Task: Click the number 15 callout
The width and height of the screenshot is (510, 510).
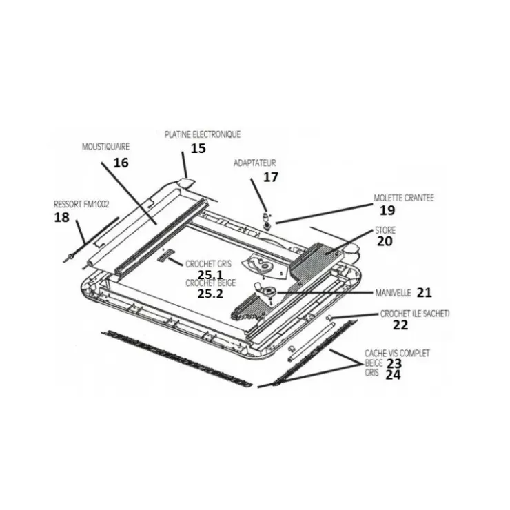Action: pyautogui.click(x=198, y=148)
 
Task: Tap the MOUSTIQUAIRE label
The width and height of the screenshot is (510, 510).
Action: pyautogui.click(x=105, y=147)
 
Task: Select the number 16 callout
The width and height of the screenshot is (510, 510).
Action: pyautogui.click(x=121, y=163)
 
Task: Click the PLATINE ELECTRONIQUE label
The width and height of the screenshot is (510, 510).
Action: pyautogui.click(x=203, y=134)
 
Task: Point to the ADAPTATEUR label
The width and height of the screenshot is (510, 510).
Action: pyautogui.click(x=255, y=163)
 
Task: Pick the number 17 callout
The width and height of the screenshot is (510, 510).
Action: pyautogui.click(x=271, y=177)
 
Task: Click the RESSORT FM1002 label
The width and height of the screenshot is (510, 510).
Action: pyautogui.click(x=81, y=204)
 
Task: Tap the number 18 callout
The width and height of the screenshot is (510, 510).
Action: pyautogui.click(x=61, y=217)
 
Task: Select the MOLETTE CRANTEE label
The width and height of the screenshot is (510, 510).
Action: pyautogui.click(x=404, y=198)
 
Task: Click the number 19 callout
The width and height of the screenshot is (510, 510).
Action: pyautogui.click(x=387, y=210)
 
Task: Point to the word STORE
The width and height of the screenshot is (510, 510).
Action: pyautogui.click(x=385, y=230)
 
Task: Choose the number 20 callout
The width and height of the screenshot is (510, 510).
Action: pyautogui.click(x=385, y=241)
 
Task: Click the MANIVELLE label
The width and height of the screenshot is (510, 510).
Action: pyautogui.click(x=394, y=293)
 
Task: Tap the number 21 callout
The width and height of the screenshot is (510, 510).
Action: pyautogui.click(x=424, y=293)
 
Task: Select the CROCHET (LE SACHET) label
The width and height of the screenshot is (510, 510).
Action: pyautogui.click(x=415, y=314)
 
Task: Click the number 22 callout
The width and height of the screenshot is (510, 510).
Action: pyautogui.click(x=400, y=325)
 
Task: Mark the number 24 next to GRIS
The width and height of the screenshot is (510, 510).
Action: pyautogui.click(x=394, y=375)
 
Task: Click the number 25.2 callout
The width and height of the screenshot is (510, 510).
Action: pyautogui.click(x=210, y=294)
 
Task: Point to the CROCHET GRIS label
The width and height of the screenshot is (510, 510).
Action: pyautogui.click(x=209, y=264)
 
